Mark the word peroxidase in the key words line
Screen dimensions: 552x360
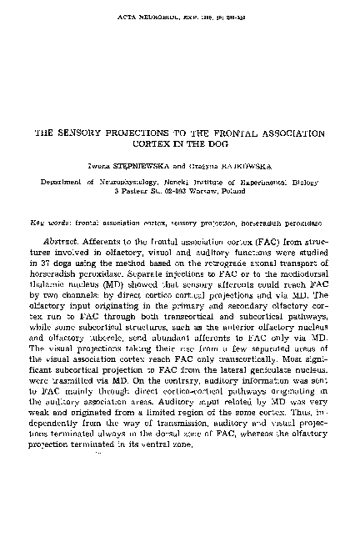tap(305, 224)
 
